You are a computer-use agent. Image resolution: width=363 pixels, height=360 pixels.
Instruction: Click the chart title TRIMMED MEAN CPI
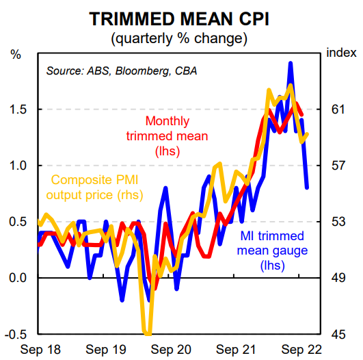pyautogui.click(x=181, y=18)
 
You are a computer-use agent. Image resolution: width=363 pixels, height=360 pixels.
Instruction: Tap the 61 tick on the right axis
pyautogui.click(x=339, y=110)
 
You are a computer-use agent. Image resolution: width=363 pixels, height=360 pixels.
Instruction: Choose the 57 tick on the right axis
pyautogui.click(x=339, y=166)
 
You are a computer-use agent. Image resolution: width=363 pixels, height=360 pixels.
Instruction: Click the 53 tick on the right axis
pyautogui.click(x=339, y=222)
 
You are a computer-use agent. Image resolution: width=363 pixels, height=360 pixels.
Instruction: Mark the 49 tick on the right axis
pyautogui.click(x=339, y=278)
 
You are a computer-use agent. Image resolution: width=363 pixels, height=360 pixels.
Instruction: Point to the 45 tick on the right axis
pyautogui.click(x=339, y=334)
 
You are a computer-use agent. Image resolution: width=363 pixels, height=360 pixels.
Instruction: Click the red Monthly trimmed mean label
pyautogui.click(x=167, y=136)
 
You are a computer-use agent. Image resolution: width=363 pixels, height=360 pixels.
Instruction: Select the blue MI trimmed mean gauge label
pyautogui.click(x=272, y=250)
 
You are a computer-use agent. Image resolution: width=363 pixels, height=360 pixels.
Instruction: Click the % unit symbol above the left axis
pyautogui.click(x=16, y=53)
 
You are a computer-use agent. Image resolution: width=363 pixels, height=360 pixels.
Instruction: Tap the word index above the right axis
pyautogui.click(x=341, y=53)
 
